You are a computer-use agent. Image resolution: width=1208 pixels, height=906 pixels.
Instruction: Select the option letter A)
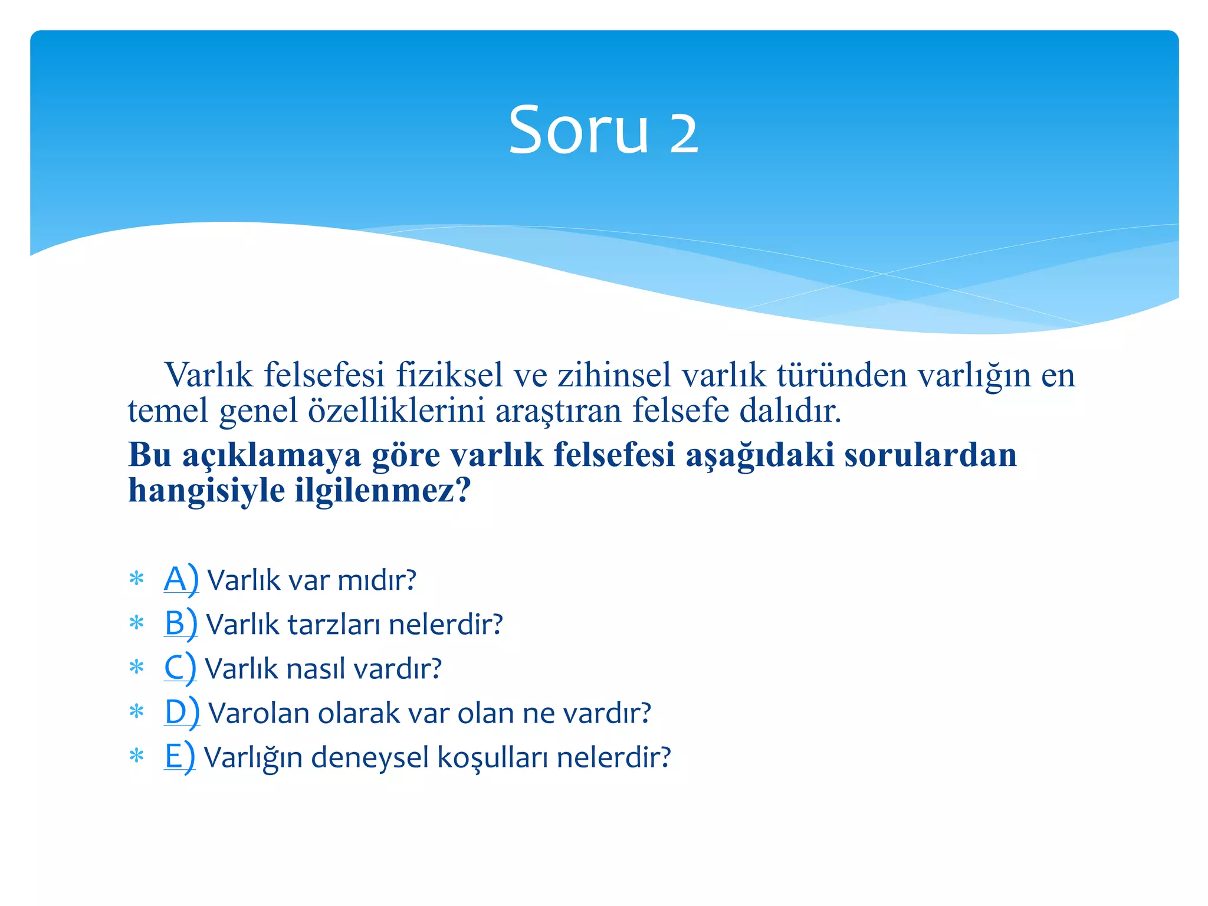point(181,580)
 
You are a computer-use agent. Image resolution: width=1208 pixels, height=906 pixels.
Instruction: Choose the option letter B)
point(180,624)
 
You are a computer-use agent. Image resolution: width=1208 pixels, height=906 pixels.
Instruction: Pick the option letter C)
point(179,668)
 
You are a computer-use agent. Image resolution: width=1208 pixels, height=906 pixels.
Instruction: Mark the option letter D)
point(182,713)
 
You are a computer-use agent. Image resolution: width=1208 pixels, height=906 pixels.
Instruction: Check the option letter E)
point(179,757)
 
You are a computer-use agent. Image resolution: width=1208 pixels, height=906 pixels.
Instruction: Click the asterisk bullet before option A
point(136,579)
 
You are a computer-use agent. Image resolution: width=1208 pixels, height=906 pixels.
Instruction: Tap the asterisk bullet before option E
point(136,756)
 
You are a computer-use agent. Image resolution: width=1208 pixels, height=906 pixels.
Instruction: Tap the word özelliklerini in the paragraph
point(396,411)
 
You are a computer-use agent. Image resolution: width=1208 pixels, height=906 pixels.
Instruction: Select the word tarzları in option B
point(333,625)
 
